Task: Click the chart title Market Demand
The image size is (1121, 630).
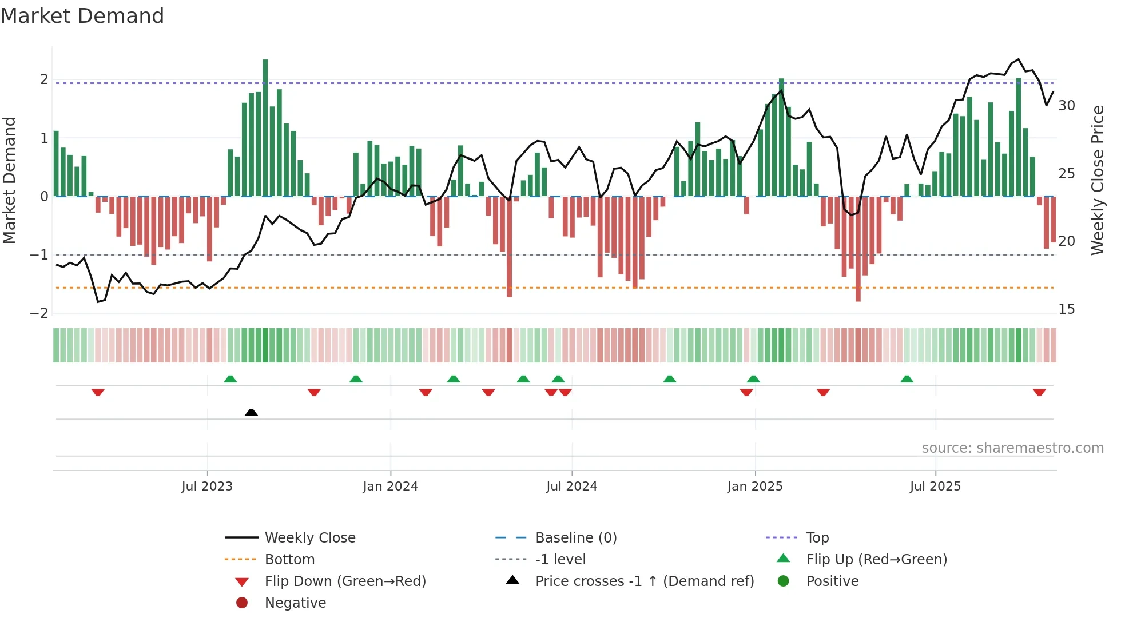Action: point(82,16)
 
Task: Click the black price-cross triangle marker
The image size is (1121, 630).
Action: point(251,412)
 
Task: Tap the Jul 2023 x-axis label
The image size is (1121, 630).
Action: point(207,487)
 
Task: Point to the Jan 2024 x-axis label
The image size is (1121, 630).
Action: point(390,487)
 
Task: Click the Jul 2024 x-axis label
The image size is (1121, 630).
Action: point(571,487)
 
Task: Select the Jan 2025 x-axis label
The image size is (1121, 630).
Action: point(755,487)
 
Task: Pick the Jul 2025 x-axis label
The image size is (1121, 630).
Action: point(935,487)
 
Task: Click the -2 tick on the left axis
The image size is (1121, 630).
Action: point(39,313)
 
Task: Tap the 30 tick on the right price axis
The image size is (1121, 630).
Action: point(1067,106)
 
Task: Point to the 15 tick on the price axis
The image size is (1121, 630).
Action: point(1067,309)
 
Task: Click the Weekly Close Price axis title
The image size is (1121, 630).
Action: point(1098,180)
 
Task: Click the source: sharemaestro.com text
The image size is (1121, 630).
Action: point(1012,448)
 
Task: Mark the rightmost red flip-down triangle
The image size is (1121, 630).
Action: point(1039,392)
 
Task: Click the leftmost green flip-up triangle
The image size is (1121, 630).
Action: point(230,379)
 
